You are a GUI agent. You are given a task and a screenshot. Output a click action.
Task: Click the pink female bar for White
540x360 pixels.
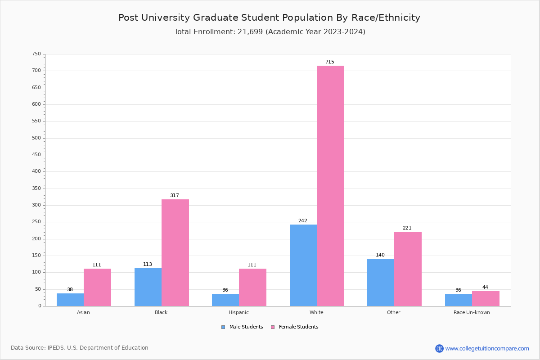pos(330,186)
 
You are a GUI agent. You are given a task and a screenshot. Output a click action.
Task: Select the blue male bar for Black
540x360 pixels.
pos(148,287)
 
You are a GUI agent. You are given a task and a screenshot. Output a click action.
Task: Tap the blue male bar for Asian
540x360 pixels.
pos(70,300)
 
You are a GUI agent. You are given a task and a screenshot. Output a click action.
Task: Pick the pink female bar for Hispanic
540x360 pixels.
pos(252,287)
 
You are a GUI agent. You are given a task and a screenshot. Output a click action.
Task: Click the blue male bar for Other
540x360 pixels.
pos(381,282)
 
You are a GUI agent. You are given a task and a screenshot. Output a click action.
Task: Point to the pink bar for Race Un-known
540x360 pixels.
pos(486,298)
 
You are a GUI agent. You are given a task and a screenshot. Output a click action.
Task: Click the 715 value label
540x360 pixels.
pos(330,62)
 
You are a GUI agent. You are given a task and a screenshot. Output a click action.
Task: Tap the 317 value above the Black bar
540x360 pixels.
pos(175,196)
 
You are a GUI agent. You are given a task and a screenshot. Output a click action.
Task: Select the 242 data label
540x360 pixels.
pos(303,221)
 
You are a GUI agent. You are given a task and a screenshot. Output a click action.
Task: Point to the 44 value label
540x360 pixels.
pos(485,288)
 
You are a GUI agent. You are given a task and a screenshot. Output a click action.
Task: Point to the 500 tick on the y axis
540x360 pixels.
pos(36,138)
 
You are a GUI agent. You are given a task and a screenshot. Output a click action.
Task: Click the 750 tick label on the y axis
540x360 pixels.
pos(36,54)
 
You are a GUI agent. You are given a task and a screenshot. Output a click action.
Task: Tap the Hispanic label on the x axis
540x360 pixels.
pos(238,312)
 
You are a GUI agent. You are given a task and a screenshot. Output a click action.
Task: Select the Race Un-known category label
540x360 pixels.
pos(472,312)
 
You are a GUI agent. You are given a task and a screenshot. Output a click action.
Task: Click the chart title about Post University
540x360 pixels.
pos(269,18)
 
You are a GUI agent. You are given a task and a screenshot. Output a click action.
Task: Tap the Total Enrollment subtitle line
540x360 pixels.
pos(269,32)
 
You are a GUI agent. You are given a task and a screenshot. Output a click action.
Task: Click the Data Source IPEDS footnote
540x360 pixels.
pos(80,348)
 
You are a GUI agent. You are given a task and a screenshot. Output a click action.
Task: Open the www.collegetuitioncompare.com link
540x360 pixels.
pos(487,348)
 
